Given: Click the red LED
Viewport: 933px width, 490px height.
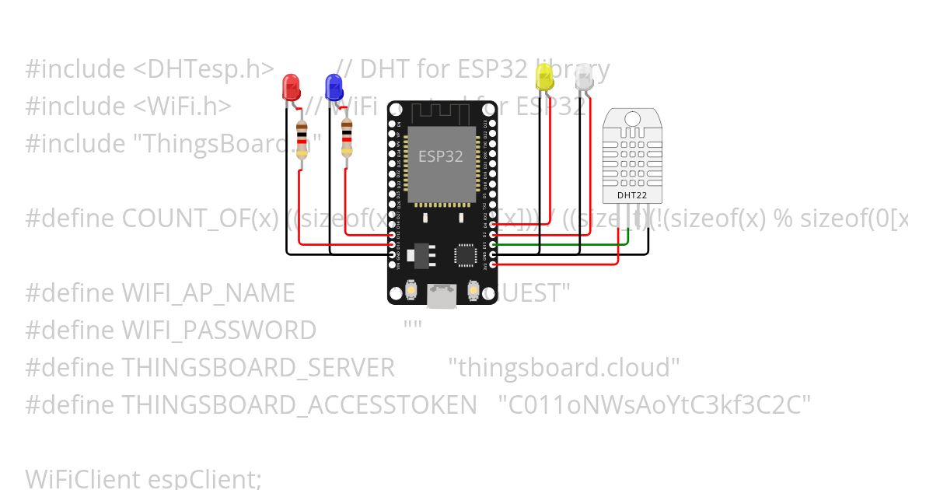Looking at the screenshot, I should tap(291, 85).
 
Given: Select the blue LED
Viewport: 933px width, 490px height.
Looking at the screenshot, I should tap(334, 85).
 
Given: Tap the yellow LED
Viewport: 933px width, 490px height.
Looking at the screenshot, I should tap(544, 76).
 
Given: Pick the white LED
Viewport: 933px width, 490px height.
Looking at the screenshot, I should tap(583, 76).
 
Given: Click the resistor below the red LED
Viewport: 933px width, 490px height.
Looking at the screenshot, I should tap(302, 140).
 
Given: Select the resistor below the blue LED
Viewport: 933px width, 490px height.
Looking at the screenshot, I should tap(346, 140).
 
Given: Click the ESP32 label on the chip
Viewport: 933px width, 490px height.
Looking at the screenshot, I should tap(440, 156).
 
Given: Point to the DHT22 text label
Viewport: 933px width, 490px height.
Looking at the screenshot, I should tap(631, 195).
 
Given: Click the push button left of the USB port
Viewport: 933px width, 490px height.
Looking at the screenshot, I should tap(411, 291).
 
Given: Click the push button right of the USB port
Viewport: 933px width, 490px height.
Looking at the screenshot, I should tap(473, 291).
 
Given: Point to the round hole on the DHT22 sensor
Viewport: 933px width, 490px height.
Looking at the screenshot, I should tap(631, 117).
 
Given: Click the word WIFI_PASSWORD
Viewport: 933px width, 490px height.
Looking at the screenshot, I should tap(218, 330).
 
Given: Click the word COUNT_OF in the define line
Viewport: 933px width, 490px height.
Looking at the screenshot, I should tap(183, 219).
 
